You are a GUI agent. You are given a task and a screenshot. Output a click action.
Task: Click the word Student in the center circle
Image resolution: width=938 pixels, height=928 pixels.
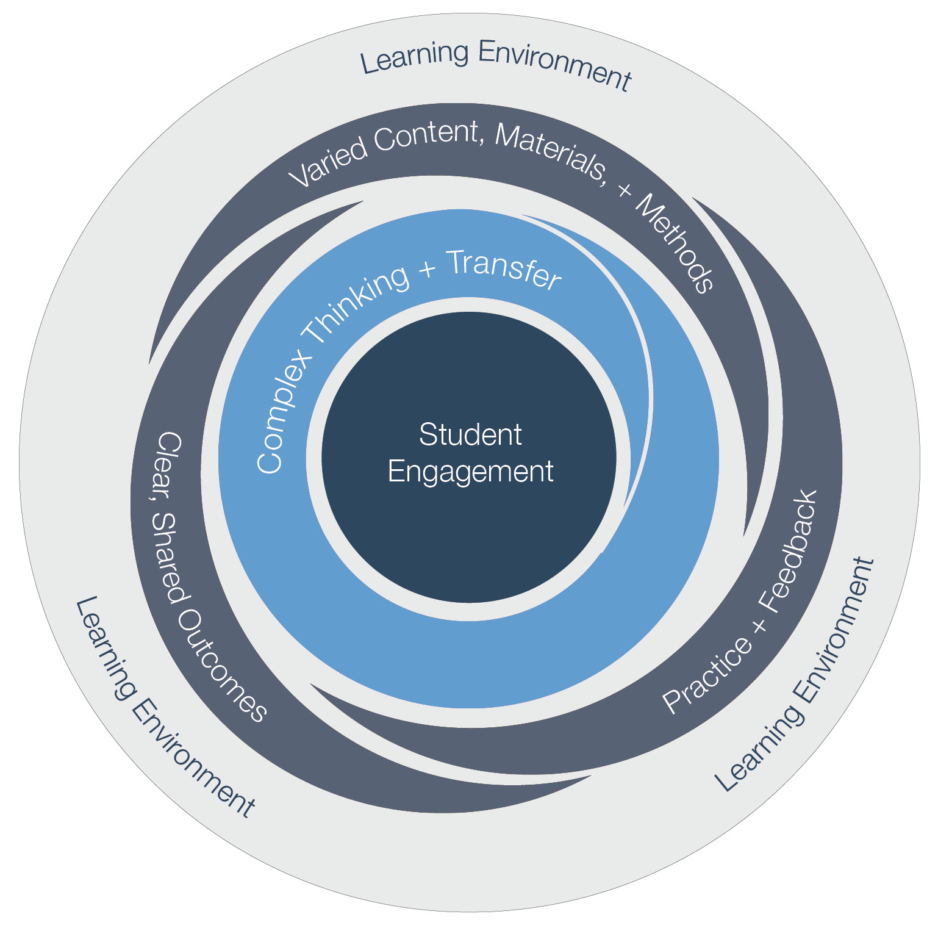pos(470,435)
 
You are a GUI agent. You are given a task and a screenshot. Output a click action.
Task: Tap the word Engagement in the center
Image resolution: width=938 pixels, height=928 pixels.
pos(470,472)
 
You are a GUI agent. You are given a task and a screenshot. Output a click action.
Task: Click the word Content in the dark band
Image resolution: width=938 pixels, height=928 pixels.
pos(427,135)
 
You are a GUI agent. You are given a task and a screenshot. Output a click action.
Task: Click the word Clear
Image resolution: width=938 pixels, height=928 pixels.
pos(167,463)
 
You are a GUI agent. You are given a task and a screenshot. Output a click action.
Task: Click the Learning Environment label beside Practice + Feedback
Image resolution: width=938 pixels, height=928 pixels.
pos(796,674)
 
